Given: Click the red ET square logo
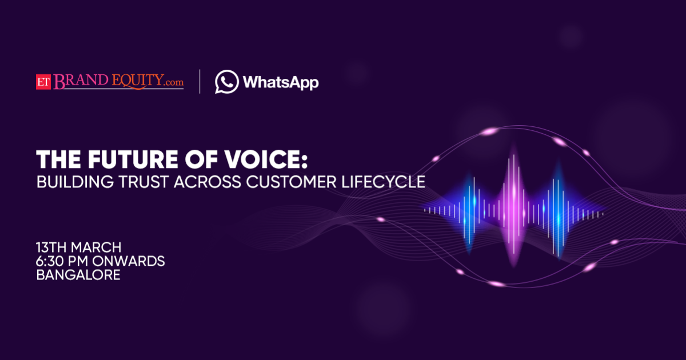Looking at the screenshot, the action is pyautogui.click(x=43, y=82).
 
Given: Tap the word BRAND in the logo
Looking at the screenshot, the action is pyautogui.click(x=81, y=81).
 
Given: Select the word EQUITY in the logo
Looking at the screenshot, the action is pyautogui.click(x=138, y=81).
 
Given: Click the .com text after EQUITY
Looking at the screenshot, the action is pyautogui.click(x=174, y=82).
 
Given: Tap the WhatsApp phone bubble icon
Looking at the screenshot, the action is pyautogui.click(x=226, y=82).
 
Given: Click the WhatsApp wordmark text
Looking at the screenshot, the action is pyautogui.click(x=281, y=82).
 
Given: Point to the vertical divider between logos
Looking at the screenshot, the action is pyautogui.click(x=200, y=81).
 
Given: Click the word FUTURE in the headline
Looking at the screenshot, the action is pyautogui.click(x=133, y=159).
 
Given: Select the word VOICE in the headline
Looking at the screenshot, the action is pyautogui.click(x=262, y=159).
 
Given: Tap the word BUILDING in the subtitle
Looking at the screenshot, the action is pyautogui.click(x=75, y=182).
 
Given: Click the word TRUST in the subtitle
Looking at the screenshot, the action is pyautogui.click(x=143, y=182).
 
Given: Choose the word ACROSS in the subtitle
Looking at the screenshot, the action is pyautogui.click(x=208, y=182).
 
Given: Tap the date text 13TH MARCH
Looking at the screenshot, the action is pyautogui.click(x=79, y=247).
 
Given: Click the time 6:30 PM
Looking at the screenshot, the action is pyautogui.click(x=62, y=261).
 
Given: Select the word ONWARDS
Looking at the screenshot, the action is pyautogui.click(x=128, y=261).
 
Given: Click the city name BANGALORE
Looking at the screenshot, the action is pyautogui.click(x=78, y=275).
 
